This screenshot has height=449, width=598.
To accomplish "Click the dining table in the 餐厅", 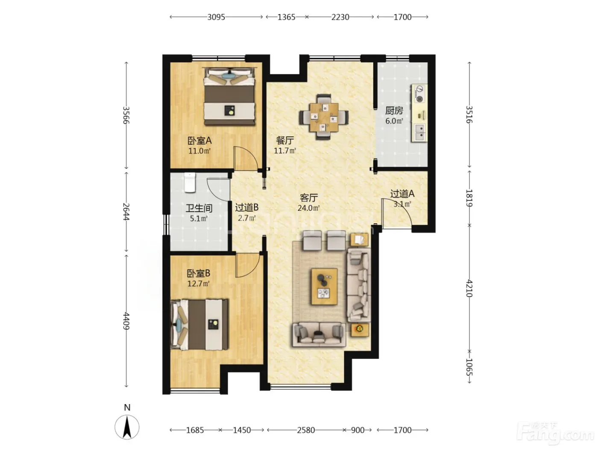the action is coord(324,117).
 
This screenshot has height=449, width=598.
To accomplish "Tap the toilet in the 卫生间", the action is coord(190,183).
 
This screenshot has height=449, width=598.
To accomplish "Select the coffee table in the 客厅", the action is coord(324,286).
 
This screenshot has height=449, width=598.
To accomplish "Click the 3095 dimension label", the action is coord(216,17).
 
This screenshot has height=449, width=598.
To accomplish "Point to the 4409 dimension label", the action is coord(126,321).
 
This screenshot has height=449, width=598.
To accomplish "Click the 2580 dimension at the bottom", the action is coord(306,430).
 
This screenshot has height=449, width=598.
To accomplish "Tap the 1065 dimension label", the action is coord(469,367).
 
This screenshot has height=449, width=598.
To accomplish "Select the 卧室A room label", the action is coord(199,141).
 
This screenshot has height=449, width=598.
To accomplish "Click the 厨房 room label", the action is coord(394,111).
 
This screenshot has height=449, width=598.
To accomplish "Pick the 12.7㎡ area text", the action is coord(199,284).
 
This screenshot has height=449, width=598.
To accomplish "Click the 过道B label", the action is coord(246,208).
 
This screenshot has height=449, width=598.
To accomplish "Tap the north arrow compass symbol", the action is coord(127,427).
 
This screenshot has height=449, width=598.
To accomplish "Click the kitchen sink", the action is coord(419,132).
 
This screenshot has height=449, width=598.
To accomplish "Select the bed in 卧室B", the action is coord(199,325).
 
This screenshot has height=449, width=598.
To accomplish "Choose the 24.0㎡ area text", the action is coord(308,208).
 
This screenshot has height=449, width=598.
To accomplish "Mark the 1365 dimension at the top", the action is coord(286,17).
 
